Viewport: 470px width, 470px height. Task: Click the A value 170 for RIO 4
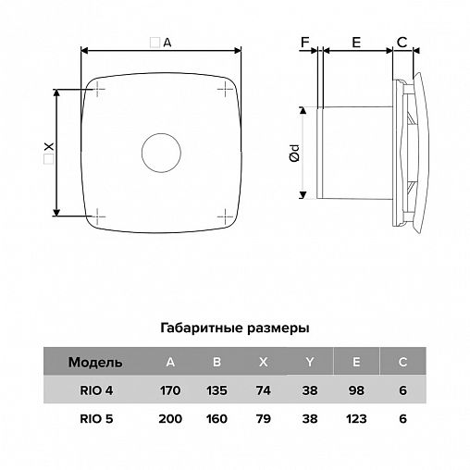coord(170,390)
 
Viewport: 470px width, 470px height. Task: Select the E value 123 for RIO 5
coord(356,419)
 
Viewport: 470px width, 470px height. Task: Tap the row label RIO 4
coord(96,390)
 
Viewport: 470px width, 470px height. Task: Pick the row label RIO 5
coord(96,419)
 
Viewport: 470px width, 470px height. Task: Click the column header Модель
coord(95,363)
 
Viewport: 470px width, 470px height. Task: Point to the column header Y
coord(310,362)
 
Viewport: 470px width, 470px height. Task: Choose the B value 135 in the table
coord(216,390)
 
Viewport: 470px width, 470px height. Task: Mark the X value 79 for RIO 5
coord(264,419)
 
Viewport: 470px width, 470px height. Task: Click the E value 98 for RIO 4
coord(356,390)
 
